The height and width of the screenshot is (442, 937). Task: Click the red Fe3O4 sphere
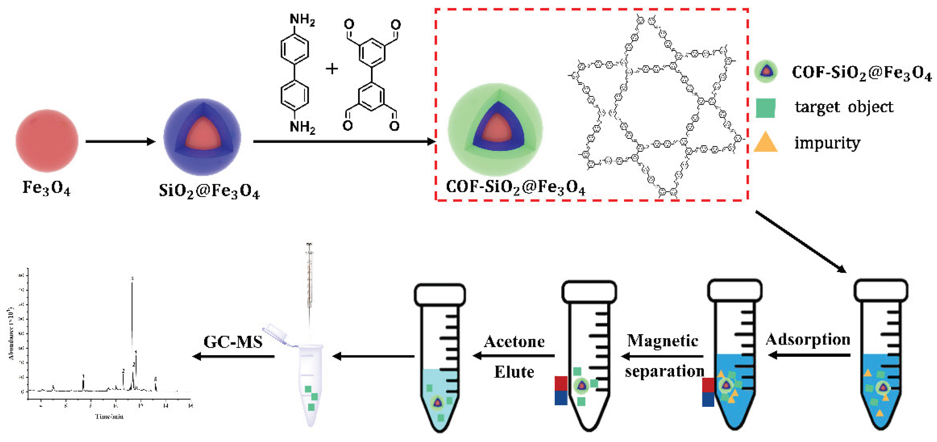(47, 141)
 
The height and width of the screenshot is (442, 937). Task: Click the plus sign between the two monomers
(332, 69)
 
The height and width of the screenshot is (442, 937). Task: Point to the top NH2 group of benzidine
(302, 19)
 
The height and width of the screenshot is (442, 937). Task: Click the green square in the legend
(765, 108)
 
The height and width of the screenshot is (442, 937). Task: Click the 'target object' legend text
(844, 107)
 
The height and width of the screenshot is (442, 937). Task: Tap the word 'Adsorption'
(808, 339)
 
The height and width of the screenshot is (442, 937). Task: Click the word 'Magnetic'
(662, 341)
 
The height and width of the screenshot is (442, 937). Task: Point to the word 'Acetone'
(514, 341)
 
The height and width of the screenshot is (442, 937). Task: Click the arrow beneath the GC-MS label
(233, 356)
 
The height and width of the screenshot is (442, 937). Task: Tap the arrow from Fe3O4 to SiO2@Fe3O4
(120, 141)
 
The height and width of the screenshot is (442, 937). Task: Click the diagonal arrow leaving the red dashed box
(801, 241)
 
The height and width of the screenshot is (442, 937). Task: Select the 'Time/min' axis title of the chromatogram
(109, 416)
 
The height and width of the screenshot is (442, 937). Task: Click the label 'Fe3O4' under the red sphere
(46, 188)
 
